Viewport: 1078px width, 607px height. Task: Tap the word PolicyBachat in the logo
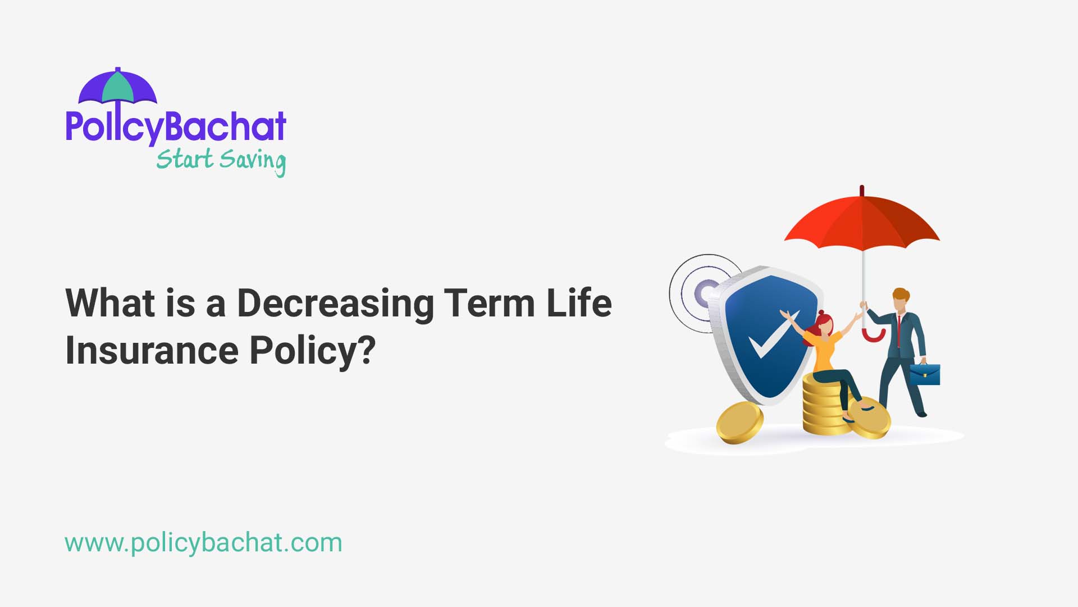[x=176, y=126]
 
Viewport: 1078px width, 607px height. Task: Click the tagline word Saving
[x=252, y=161]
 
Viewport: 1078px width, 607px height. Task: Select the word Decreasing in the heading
[x=335, y=303]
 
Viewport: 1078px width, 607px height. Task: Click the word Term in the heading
[x=489, y=303]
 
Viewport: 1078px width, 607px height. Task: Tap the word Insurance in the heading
[x=152, y=351]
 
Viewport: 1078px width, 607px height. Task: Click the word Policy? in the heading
[x=312, y=351]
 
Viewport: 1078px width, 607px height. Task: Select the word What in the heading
[x=110, y=303]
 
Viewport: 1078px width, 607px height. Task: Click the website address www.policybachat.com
[x=203, y=543]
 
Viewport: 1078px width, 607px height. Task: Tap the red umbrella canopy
[x=862, y=222]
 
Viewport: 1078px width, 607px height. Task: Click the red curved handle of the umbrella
[x=873, y=336]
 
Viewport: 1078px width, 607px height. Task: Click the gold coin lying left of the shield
[x=739, y=423]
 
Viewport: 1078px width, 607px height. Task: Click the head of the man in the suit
[x=900, y=300]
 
